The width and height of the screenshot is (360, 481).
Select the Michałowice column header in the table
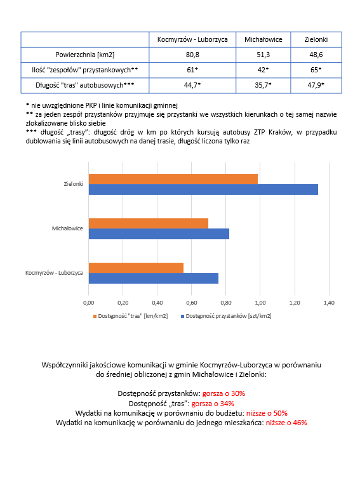263,39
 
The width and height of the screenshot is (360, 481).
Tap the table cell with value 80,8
192,55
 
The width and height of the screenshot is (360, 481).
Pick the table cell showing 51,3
263,55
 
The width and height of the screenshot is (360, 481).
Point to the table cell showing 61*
192,69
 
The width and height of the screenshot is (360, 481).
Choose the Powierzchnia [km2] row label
85,55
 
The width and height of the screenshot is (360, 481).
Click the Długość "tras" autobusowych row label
85,84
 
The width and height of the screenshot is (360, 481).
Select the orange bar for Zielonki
173,179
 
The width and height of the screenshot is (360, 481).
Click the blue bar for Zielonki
203,189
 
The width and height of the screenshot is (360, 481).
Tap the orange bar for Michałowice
148,223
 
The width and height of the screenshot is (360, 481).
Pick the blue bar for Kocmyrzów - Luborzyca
153,278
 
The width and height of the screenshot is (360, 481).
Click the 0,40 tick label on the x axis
157,303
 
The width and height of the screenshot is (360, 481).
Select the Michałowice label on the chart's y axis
68,228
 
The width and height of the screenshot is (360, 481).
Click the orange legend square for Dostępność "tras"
95,315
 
